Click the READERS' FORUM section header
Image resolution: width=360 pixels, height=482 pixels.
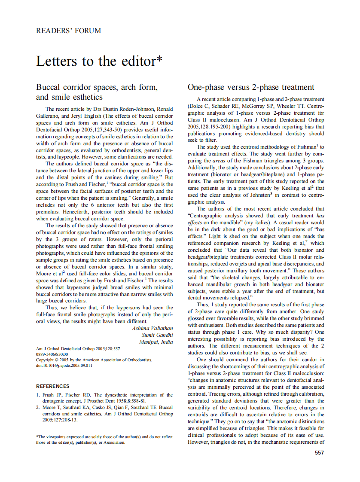(69, 31)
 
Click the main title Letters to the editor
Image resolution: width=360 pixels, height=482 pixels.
(99, 61)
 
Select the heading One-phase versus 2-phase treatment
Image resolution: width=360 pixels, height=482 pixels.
(251, 87)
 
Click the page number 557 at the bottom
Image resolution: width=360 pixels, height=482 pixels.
(319, 452)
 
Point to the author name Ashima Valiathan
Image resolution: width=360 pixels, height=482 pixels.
(153, 328)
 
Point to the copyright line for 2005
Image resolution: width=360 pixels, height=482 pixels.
(94, 360)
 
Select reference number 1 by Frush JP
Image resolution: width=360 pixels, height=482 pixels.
(104, 398)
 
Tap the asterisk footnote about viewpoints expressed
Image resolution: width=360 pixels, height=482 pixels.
(104, 439)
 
